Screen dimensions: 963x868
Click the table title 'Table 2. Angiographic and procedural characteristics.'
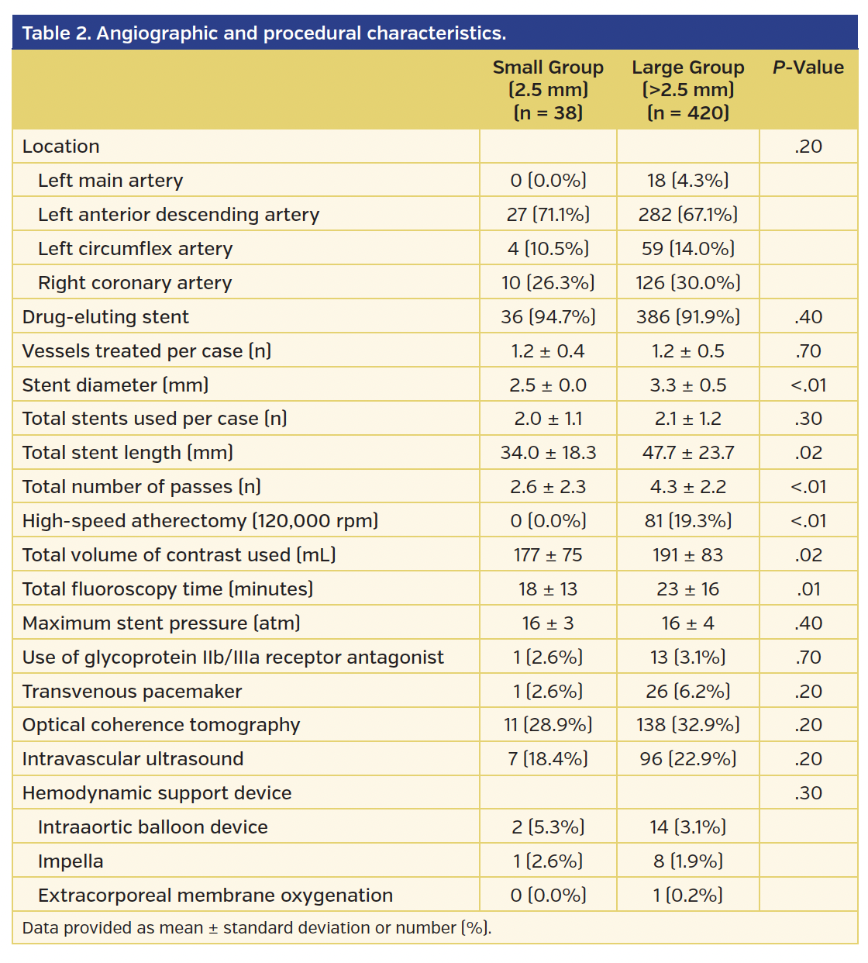point(263,33)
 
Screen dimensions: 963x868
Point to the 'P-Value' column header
point(808,67)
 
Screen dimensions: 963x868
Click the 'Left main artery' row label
point(110,181)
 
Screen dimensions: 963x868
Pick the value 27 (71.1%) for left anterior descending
point(548,215)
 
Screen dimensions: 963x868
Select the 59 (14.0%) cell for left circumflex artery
point(687,249)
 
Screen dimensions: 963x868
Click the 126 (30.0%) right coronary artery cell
point(687,283)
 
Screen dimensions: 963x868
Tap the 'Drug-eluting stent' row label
point(105,317)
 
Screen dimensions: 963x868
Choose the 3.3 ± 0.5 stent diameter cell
point(687,385)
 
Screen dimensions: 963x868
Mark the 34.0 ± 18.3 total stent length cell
point(548,453)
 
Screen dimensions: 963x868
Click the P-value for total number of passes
point(808,487)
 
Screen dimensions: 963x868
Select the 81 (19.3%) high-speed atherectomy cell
point(687,521)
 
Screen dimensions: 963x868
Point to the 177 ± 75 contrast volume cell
point(548,555)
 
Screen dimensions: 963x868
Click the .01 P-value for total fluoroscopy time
point(808,589)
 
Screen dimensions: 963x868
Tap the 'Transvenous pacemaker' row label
point(132,692)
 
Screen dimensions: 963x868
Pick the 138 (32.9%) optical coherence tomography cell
point(687,725)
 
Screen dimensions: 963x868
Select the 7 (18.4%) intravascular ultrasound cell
point(548,759)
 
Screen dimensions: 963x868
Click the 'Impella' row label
point(71,861)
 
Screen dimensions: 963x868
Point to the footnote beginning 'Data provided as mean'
point(257,928)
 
